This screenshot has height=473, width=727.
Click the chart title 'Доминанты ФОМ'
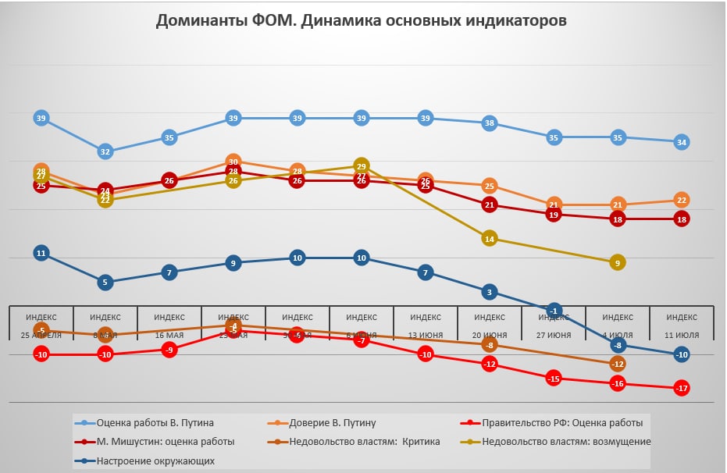click(361, 21)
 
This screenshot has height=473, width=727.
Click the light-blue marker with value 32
click(105, 151)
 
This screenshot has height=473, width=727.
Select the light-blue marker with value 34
click(682, 142)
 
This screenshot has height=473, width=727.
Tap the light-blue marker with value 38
click(490, 123)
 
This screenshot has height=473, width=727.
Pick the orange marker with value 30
click(233, 162)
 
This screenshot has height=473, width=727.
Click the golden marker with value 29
click(362, 166)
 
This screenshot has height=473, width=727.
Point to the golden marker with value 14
click(490, 239)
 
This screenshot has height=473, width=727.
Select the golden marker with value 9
click(618, 263)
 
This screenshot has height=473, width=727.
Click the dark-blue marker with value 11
click(41, 253)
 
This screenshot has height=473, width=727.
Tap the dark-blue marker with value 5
click(105, 282)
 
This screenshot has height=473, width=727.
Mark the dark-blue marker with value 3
click(490, 292)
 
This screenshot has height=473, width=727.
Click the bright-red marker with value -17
click(682, 388)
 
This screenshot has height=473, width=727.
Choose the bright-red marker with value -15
click(554, 379)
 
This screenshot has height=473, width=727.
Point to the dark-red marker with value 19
click(554, 215)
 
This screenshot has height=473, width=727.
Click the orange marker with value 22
click(682, 200)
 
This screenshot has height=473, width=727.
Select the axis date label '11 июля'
click(682, 335)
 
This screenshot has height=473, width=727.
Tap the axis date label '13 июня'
click(426, 335)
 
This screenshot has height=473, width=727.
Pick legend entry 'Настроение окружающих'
click(155, 461)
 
